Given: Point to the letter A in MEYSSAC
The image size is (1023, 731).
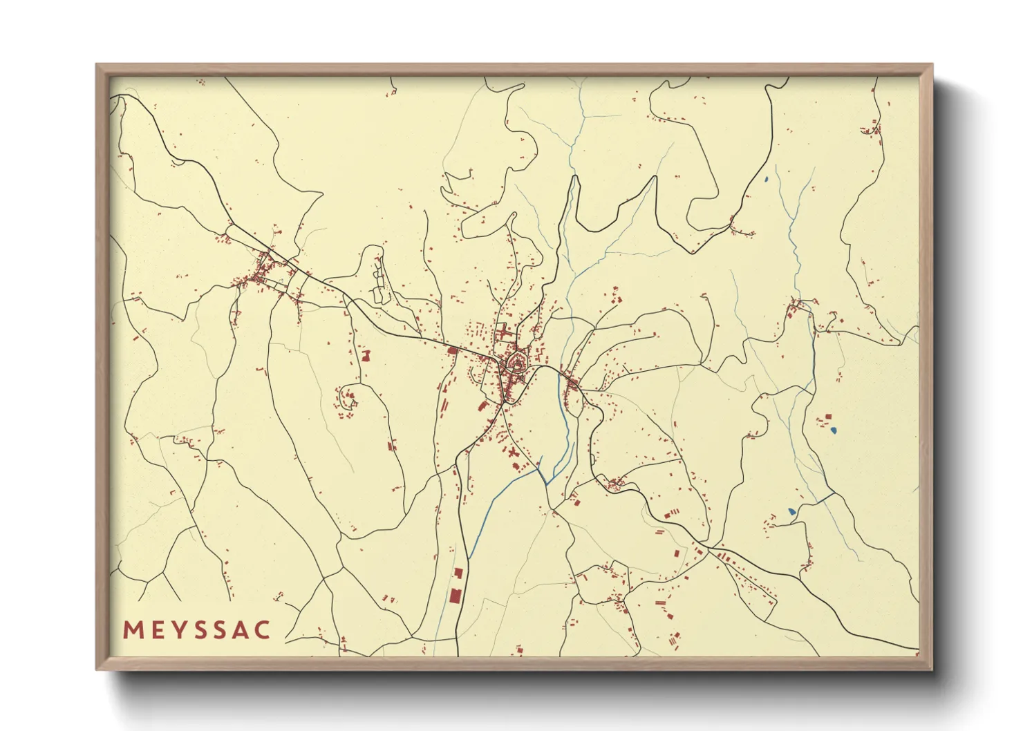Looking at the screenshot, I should click(x=241, y=630).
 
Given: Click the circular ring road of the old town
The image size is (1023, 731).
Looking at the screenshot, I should click(x=516, y=362).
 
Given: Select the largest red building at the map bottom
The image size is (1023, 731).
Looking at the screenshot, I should click(x=455, y=596).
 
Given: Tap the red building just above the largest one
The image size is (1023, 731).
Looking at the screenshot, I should click(x=458, y=573).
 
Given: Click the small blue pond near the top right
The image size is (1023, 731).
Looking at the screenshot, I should click(x=767, y=181).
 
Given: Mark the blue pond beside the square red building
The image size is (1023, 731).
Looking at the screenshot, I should click(x=834, y=431).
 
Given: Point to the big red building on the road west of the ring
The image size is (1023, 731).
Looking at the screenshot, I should click(x=453, y=351).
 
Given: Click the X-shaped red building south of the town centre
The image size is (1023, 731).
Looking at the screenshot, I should click(x=512, y=453).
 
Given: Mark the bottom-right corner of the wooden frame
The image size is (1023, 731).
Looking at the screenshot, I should click(x=932, y=669).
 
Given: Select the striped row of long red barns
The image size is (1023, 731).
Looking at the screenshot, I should click(x=725, y=558).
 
